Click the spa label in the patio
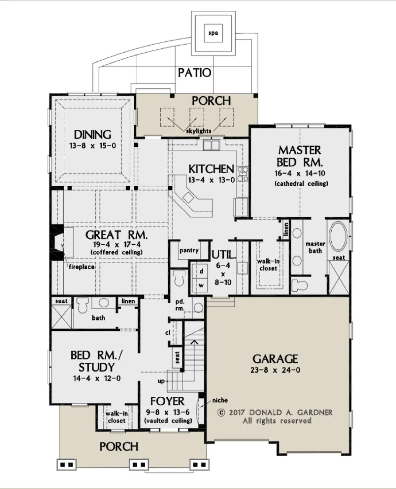point(213,33)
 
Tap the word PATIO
point(195,73)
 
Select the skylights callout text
point(199,131)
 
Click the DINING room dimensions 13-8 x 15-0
point(93,145)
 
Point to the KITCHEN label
point(211,169)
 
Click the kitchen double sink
point(211,145)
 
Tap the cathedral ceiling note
point(301,184)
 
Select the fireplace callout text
point(82,267)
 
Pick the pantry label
point(189,251)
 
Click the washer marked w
point(201,285)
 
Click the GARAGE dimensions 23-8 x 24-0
point(275,370)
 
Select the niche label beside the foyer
point(220,400)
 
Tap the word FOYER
point(167,401)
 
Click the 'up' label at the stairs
point(161,381)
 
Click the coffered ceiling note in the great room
point(117,252)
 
